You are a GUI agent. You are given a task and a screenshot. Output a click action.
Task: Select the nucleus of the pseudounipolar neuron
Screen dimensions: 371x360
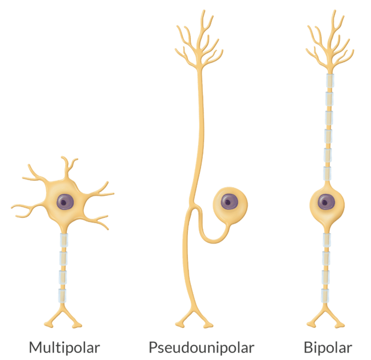[x=228, y=202]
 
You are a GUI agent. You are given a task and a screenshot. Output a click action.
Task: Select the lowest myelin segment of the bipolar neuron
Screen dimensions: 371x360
[x=326, y=295]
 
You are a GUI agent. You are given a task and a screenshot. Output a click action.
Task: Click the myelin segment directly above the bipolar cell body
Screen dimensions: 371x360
[x=327, y=173]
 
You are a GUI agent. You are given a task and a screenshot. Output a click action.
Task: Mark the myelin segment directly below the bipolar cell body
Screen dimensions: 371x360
[x=326, y=239]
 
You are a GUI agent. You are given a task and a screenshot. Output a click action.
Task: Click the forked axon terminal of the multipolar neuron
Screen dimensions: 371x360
[x=63, y=318]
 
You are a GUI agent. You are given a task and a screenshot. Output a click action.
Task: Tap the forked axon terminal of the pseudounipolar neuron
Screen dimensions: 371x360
[x=194, y=319]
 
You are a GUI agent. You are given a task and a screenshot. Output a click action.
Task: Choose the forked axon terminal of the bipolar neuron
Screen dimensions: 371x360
[x=326, y=318]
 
